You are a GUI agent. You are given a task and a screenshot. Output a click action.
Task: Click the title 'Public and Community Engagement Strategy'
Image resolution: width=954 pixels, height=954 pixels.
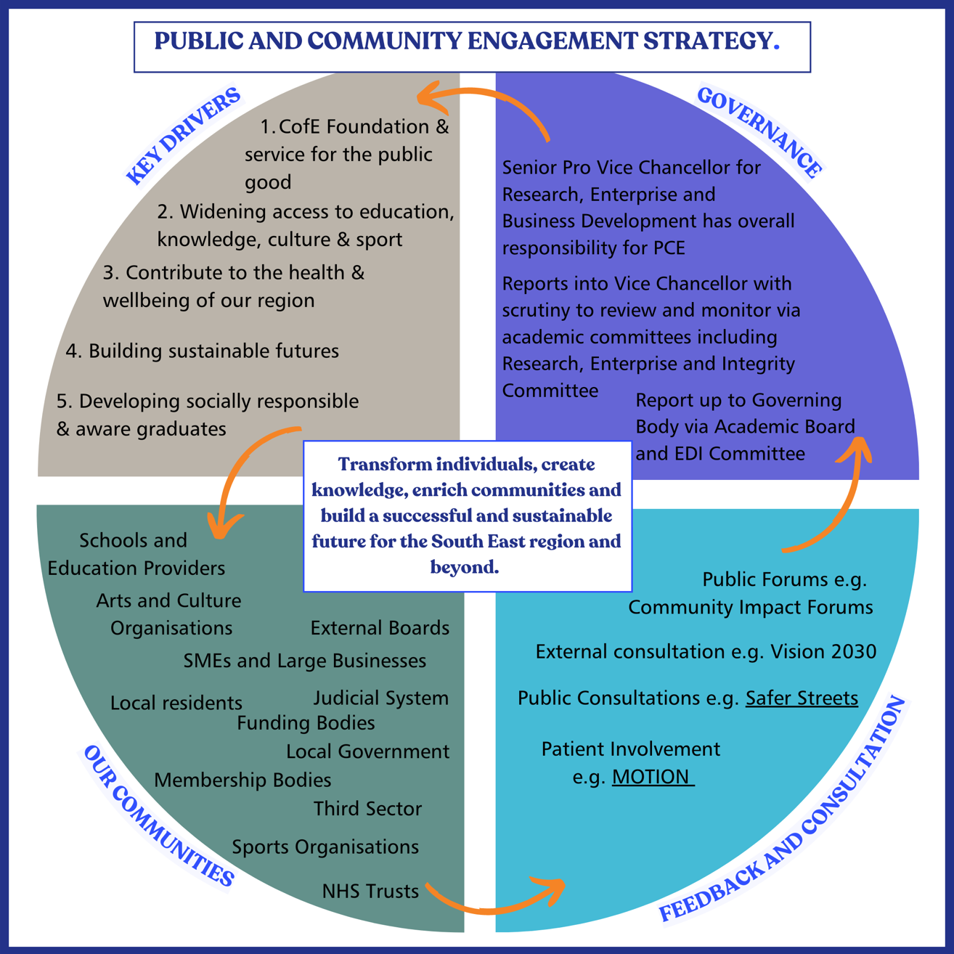coord(466,41)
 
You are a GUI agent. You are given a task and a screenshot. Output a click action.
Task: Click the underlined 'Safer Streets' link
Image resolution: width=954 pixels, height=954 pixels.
coord(802,698)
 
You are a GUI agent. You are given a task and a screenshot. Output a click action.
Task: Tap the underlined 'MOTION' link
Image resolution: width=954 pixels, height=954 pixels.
coord(652,777)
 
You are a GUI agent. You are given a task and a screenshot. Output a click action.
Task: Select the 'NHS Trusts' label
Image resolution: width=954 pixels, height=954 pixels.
coord(370,892)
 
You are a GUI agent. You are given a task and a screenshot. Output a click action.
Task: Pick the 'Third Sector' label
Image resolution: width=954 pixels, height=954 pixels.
coord(367,809)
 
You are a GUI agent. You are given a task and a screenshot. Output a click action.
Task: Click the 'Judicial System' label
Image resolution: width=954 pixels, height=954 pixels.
coord(381,698)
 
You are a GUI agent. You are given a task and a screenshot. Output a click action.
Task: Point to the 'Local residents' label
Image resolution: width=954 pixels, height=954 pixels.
coord(176,704)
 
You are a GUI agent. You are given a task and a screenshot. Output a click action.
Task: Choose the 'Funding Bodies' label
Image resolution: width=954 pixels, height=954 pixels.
coord(306,723)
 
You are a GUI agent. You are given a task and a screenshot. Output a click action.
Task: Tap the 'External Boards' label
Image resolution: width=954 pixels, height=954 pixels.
coord(380,628)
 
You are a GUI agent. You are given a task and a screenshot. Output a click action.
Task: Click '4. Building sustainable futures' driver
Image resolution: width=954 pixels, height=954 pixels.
coord(203,351)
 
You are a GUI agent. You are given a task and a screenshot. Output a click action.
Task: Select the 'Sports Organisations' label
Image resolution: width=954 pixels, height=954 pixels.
coord(325,847)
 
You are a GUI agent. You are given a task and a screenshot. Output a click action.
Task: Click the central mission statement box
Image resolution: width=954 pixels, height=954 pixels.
coord(467,515)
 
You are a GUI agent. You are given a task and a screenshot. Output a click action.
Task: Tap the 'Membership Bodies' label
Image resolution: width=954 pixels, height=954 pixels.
coord(242,780)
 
